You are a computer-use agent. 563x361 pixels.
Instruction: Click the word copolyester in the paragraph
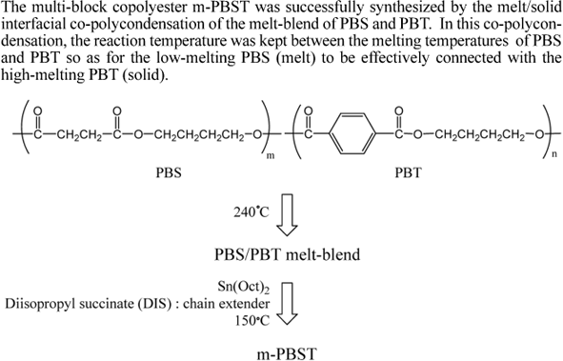tap(122, 9)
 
